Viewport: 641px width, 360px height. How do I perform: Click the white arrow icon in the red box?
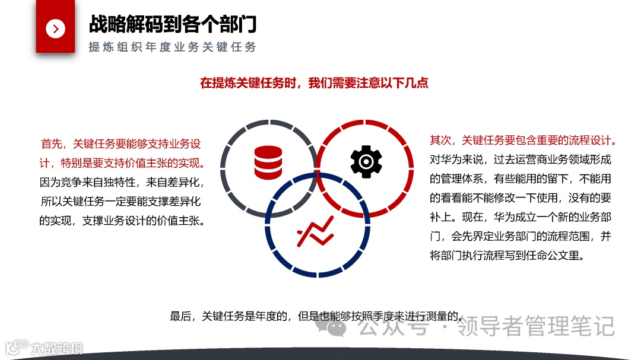coord(55,28)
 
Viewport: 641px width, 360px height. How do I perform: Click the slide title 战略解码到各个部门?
coord(173,24)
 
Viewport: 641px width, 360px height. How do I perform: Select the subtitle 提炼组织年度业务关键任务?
coord(172,47)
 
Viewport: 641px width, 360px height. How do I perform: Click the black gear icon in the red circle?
coord(366,161)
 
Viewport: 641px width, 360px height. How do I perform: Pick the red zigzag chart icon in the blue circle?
coord(315,230)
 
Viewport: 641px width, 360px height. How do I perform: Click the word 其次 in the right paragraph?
coord(440,141)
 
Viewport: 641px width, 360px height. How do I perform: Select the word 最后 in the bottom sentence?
coord(181,316)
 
